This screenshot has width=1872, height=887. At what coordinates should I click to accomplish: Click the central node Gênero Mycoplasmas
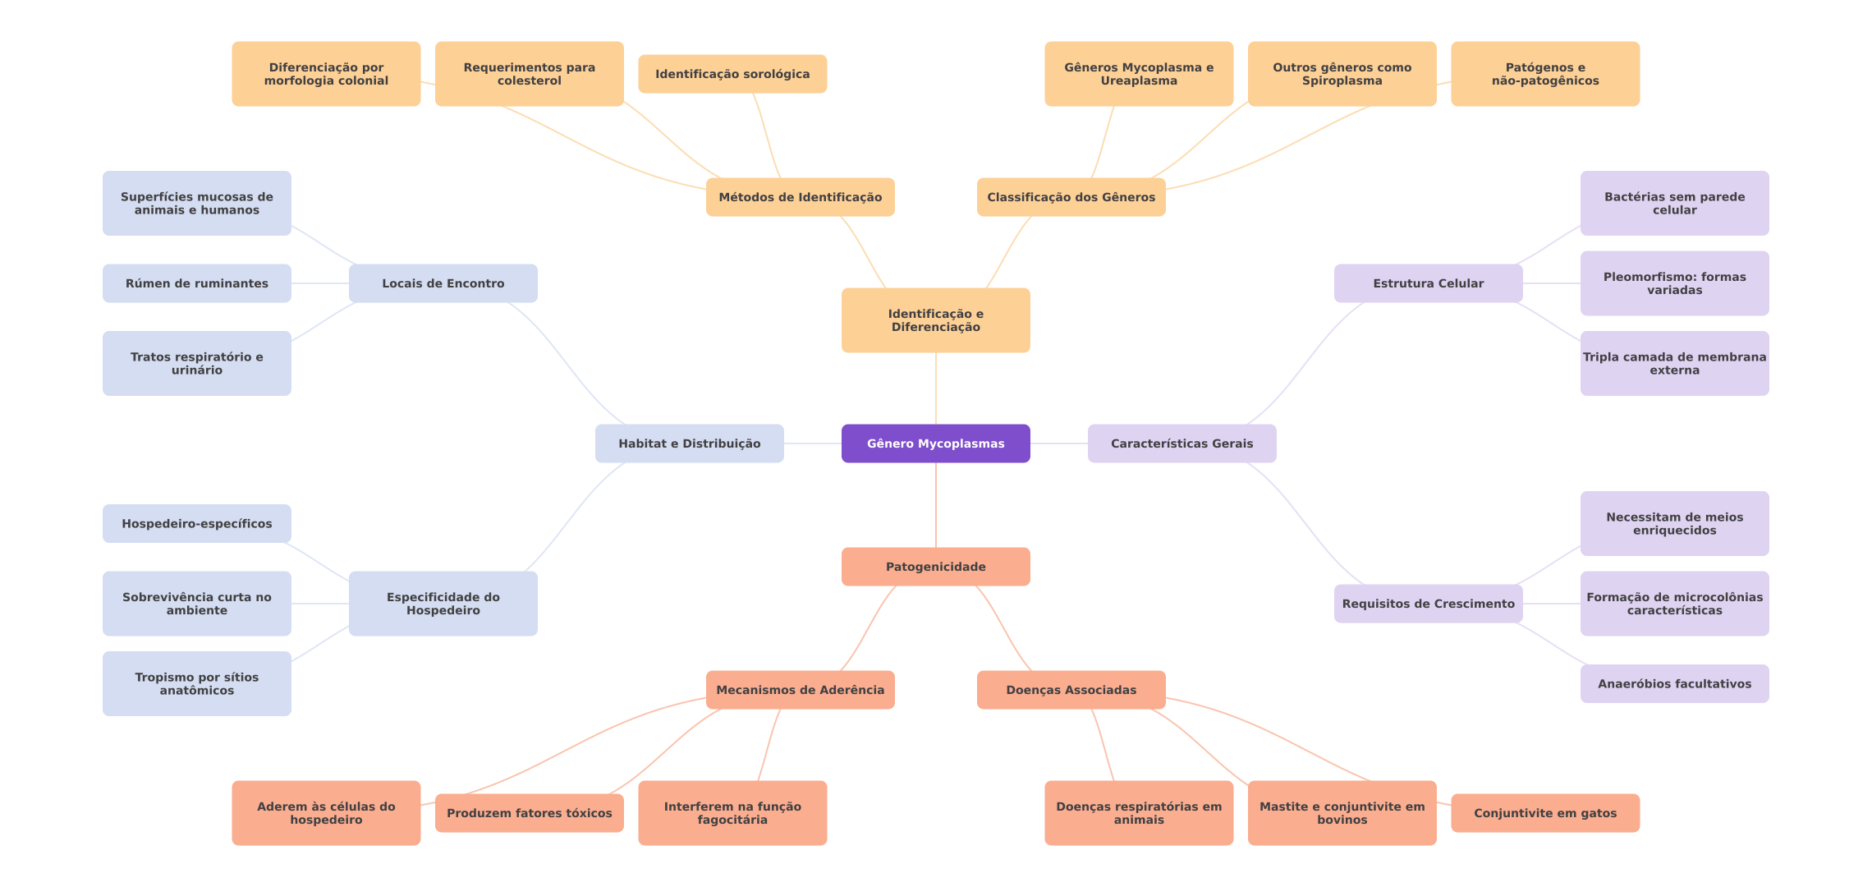point(935,443)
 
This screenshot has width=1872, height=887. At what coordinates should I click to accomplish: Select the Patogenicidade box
point(935,567)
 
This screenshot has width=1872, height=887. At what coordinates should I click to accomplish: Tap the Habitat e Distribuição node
point(689,443)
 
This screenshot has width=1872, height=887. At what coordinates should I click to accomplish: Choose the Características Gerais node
point(1181,443)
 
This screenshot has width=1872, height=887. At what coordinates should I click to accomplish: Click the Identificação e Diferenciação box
point(935,320)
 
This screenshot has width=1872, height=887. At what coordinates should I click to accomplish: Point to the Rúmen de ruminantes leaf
point(196,283)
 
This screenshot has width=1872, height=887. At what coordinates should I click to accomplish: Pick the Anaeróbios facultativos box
point(1674,683)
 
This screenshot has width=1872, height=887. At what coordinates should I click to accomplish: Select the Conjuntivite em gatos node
point(1544,813)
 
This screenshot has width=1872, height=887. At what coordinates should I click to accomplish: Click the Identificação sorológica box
point(732,74)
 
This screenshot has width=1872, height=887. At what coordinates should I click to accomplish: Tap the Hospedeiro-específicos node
point(196,523)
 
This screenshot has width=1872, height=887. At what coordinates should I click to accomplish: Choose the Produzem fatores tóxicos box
point(529,813)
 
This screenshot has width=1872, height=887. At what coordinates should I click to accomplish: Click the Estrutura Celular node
point(1428,283)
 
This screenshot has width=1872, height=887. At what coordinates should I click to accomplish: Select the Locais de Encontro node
point(443,283)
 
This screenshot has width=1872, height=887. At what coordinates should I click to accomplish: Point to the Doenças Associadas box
point(1071,690)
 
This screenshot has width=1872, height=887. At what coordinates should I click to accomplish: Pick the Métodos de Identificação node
point(800,197)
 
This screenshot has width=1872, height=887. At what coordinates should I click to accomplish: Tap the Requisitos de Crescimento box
point(1428,604)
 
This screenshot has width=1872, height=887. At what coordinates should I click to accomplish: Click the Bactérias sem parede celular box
point(1674,203)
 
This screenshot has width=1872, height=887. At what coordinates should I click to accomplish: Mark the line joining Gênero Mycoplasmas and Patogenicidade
point(936,505)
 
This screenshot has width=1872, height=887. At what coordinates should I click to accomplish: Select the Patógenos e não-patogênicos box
point(1544,74)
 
